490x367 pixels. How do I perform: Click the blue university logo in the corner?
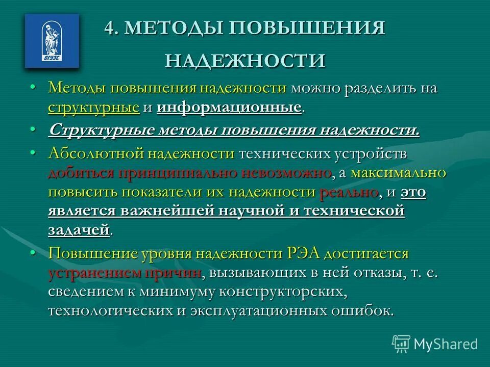tap(52, 41)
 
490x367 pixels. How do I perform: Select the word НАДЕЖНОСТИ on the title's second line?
tap(245, 60)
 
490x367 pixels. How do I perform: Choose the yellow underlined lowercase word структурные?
tap(94, 107)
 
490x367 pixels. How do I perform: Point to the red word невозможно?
tap(288, 173)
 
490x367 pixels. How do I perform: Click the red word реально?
tap(349, 192)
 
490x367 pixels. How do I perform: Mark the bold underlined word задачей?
tap(79, 230)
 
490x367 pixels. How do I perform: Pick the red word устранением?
tap(93, 273)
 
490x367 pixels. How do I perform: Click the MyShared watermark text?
tap(445, 344)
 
